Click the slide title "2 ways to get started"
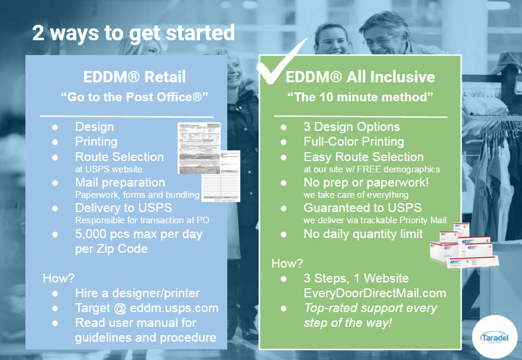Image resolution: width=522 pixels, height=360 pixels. (x=133, y=32)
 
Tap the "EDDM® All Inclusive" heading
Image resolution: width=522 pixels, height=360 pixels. (x=360, y=76)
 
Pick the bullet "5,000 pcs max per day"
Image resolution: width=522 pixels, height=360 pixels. (x=138, y=234)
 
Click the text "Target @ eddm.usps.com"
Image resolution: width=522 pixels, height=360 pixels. (x=147, y=308)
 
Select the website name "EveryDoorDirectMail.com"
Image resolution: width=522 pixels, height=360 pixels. (x=375, y=293)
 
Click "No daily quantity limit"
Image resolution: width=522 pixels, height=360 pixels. (x=363, y=234)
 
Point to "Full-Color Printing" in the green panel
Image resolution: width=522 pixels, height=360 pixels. (x=353, y=142)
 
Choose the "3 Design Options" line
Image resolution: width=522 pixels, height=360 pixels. (x=352, y=127)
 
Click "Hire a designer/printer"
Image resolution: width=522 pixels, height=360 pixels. (x=138, y=293)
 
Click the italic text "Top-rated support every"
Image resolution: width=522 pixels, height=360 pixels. (x=370, y=308)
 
